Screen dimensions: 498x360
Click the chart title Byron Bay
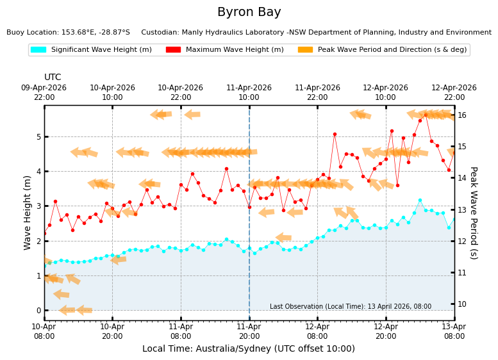coord(249,12)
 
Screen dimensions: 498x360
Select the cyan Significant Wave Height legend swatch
coord(38,49)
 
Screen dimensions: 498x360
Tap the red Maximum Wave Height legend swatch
coord(173,49)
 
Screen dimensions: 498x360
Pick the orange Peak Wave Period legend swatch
coord(305,49)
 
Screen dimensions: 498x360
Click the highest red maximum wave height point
coord(426,115)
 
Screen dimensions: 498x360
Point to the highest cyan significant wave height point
coord(420,200)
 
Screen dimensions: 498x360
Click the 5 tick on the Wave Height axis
coord(38,137)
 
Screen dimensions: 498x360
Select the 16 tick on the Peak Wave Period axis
coord(462,115)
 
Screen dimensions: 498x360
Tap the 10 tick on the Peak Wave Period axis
coord(462,304)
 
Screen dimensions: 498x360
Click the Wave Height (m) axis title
coord(27,213)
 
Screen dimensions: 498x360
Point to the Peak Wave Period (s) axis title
coord(474,213)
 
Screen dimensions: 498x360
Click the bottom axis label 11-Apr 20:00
coord(249,331)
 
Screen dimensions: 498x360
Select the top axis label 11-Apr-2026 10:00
coord(249,92)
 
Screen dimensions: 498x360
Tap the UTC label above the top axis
coord(53,77)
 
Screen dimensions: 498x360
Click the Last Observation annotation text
coord(351,306)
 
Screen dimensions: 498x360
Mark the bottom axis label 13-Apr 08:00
coord(455,331)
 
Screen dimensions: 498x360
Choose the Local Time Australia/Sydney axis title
coord(249,348)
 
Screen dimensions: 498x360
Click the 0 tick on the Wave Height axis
coord(38,311)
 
